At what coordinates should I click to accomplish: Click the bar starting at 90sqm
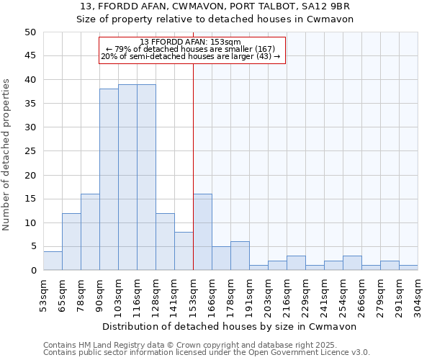tap(109, 179)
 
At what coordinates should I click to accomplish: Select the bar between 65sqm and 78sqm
tap(71, 242)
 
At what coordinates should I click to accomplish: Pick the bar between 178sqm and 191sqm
tap(240, 256)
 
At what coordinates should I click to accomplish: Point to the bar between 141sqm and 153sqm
tap(184, 251)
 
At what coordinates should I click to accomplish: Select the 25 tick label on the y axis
tap(30, 151)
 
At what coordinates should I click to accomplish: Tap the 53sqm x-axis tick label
tap(43, 294)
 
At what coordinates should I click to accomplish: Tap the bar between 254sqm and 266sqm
tap(352, 263)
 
